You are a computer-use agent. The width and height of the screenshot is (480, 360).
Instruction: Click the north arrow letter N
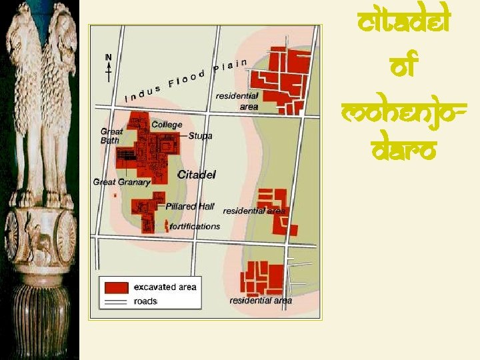[108, 57]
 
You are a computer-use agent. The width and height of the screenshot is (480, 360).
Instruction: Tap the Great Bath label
[111, 136]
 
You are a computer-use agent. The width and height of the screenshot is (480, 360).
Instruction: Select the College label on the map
[167, 125]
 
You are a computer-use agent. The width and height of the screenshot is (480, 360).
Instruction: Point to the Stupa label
[200, 136]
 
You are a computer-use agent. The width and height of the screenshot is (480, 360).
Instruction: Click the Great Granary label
[122, 181]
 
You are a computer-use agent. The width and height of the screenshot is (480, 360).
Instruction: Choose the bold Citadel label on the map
[197, 175]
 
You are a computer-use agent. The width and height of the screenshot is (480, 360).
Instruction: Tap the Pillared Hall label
[190, 206]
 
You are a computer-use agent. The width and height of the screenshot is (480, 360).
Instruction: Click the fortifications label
[195, 226]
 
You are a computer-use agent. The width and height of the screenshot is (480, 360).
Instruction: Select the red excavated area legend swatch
[114, 287]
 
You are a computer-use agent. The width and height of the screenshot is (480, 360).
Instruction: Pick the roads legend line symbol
[114, 301]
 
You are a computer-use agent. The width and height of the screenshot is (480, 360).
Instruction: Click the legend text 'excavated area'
[165, 287]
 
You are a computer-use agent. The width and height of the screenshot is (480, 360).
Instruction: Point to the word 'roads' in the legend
[145, 301]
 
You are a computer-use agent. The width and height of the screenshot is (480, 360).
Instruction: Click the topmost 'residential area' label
[237, 101]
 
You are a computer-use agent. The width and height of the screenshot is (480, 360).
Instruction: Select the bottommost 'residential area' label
[261, 301]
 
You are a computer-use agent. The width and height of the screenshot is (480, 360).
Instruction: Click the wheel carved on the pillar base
[65, 235]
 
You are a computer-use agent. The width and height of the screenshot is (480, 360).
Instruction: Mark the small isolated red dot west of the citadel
[115, 195]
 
